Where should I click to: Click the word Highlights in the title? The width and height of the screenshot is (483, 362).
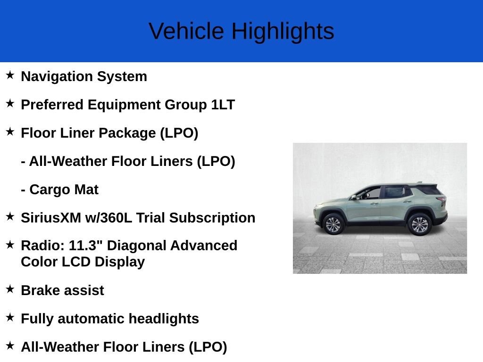point(283,32)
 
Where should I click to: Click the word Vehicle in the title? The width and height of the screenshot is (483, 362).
point(186,32)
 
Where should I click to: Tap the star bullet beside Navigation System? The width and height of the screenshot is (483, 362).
point(10,75)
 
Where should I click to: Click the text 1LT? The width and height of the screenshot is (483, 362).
point(223,105)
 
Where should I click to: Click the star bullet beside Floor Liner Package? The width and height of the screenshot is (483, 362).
point(10,132)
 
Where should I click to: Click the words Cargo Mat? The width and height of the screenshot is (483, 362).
point(64,189)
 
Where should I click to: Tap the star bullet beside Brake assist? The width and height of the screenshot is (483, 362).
point(10,289)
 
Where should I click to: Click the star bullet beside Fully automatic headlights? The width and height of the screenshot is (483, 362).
point(10,317)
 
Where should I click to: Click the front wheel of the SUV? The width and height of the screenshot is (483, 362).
point(333,224)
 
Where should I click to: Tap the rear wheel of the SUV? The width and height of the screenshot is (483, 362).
point(419,224)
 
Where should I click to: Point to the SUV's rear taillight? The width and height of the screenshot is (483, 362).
point(442,202)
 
